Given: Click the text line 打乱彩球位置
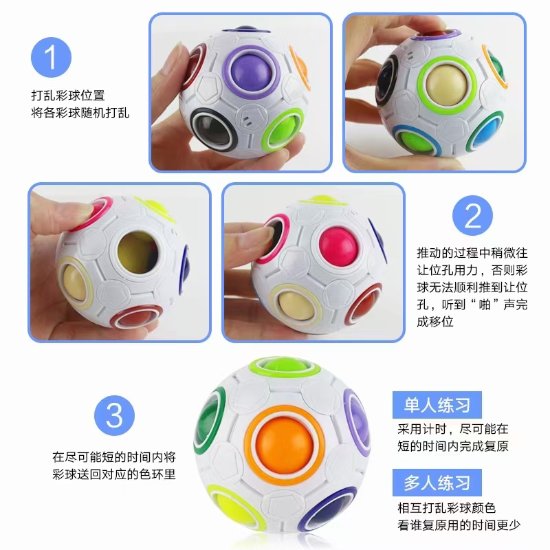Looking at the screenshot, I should pos(72,95).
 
